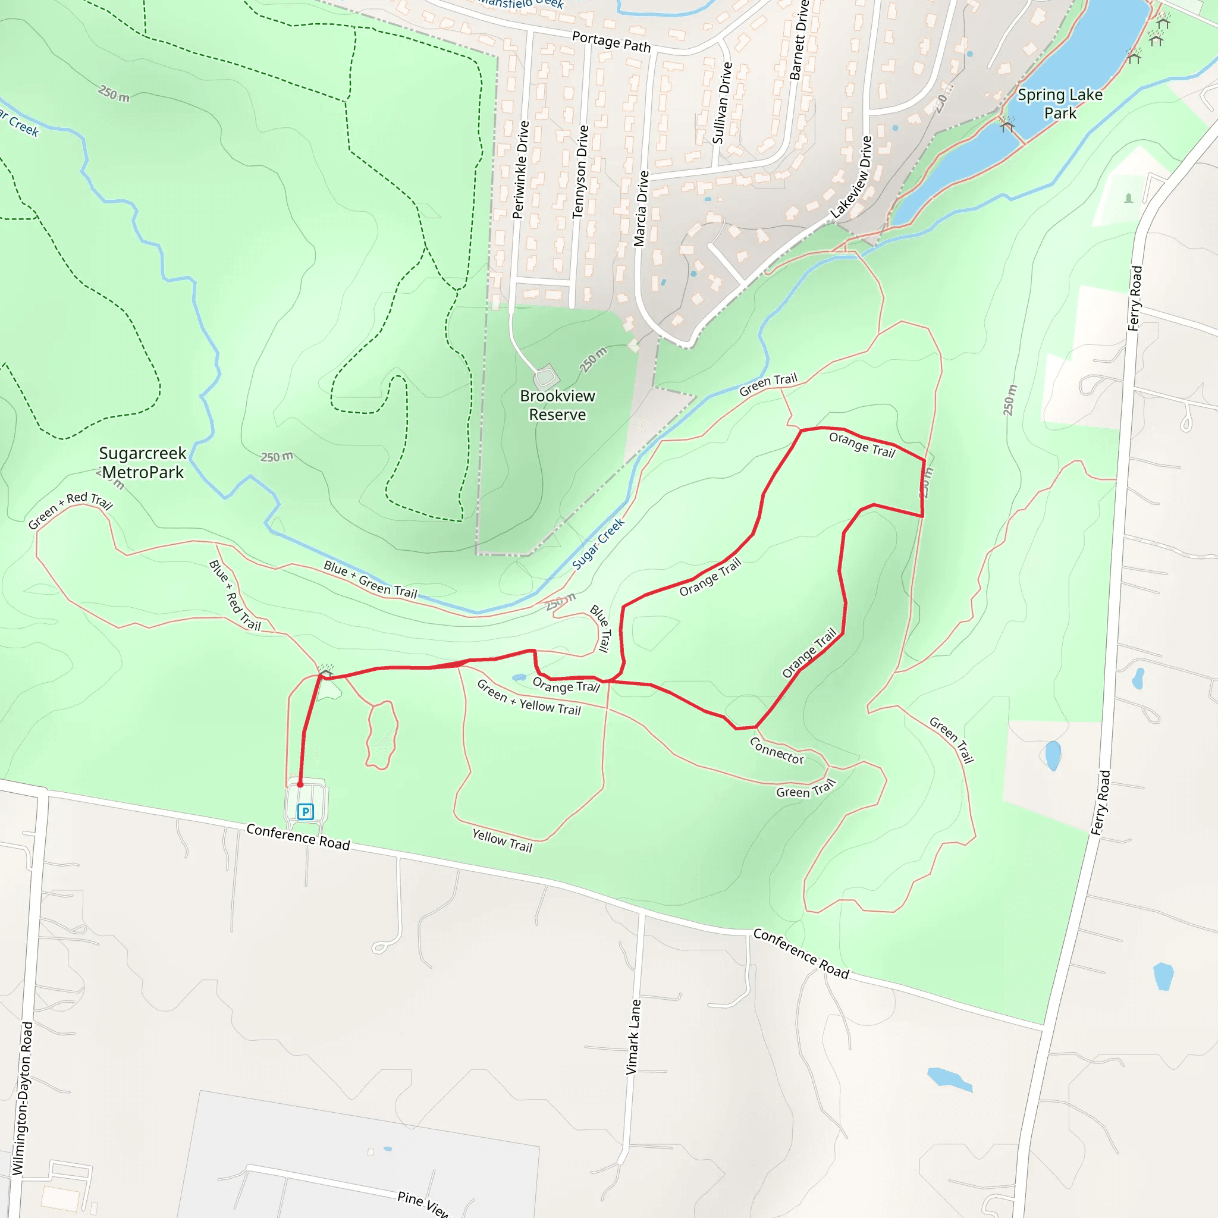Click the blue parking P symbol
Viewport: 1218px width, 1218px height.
pyautogui.click(x=306, y=811)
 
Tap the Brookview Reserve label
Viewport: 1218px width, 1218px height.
pyautogui.click(x=557, y=406)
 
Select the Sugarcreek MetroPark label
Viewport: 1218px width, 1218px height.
pyautogui.click(x=143, y=463)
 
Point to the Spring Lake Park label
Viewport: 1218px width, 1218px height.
pyautogui.click(x=1060, y=104)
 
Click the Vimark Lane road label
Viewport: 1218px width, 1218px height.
pyautogui.click(x=633, y=1037)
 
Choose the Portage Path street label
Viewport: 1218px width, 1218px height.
pyautogui.click(x=611, y=42)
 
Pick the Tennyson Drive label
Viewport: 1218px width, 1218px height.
pyautogui.click(x=580, y=171)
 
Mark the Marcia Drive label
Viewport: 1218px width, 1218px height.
pyautogui.click(x=641, y=208)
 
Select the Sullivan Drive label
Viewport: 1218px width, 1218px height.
pyautogui.click(x=722, y=103)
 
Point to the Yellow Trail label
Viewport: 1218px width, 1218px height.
pyautogui.click(x=503, y=840)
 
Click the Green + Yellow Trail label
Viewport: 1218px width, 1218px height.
pyautogui.click(x=529, y=698)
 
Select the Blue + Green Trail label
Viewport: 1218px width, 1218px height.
pyautogui.click(x=370, y=579)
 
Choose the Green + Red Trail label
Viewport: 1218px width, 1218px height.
pyautogui.click(x=71, y=510)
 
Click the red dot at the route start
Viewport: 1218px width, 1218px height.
pyautogui.click(x=300, y=784)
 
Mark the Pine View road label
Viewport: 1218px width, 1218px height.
pyautogui.click(x=423, y=1203)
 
